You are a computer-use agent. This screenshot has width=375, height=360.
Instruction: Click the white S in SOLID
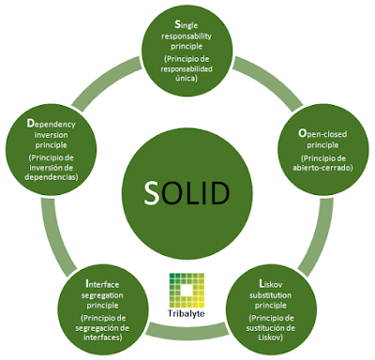pos(153,193)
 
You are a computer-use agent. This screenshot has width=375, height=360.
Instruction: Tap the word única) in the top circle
pos(187,80)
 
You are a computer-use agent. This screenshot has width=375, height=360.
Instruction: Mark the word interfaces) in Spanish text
pos(105,337)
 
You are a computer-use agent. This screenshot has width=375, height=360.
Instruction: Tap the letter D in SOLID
pos(218,193)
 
